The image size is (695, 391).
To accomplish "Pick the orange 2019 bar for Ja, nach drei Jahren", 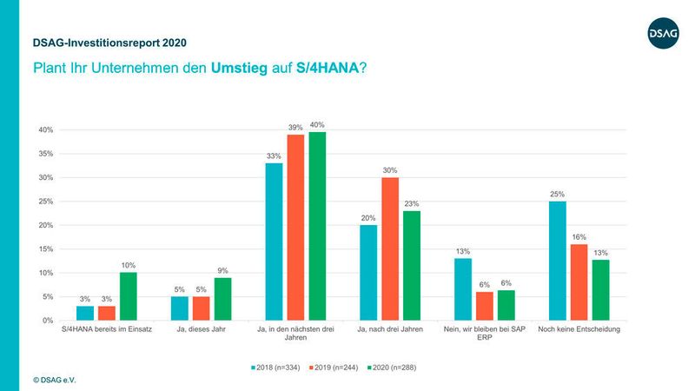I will tap(391, 249).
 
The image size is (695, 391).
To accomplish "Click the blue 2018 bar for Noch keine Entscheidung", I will tap(557, 261).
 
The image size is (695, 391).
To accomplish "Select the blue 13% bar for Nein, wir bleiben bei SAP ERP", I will tap(462, 289).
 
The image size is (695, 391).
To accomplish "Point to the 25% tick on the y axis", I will tap(45, 202).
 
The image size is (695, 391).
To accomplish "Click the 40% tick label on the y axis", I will tap(45, 130).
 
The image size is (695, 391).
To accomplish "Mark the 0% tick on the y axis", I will tap(48, 321).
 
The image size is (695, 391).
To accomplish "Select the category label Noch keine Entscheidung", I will tap(576, 330).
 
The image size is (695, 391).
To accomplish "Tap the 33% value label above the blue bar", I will tap(274, 156).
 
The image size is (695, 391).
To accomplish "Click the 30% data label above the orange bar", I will tap(391, 169).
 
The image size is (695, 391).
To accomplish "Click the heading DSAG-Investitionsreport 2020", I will tap(109, 43).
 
